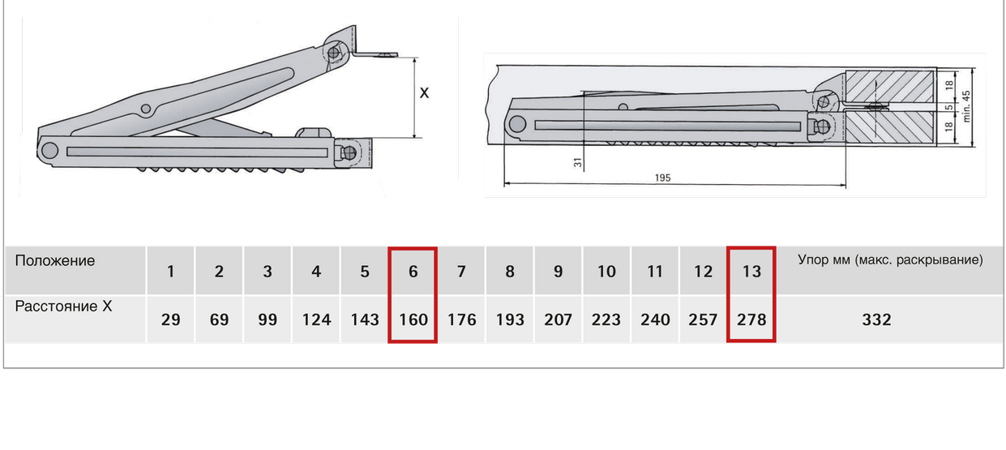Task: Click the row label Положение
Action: tap(54, 261)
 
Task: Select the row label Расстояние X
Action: tap(63, 306)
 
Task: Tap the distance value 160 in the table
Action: tap(413, 319)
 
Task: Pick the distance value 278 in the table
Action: tap(751, 319)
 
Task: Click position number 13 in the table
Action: tap(751, 272)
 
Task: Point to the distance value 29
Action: tap(170, 319)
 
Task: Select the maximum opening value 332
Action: tap(876, 319)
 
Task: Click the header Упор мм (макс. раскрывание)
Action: tap(890, 261)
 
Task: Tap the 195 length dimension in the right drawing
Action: tap(662, 178)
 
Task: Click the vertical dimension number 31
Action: tap(578, 162)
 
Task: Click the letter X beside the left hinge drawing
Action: tap(424, 93)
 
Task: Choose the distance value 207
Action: tap(558, 319)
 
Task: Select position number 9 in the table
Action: tap(558, 272)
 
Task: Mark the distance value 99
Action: tap(267, 319)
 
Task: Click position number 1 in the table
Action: tap(170, 272)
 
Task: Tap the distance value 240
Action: tap(655, 319)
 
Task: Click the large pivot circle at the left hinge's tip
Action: tap(49, 149)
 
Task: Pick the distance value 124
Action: tap(316, 319)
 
